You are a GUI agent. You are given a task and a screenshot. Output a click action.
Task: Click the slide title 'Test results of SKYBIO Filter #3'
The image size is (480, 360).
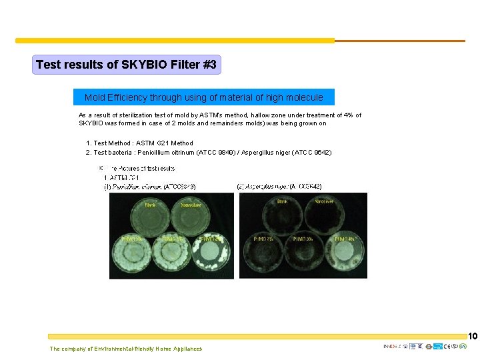(x=126, y=65)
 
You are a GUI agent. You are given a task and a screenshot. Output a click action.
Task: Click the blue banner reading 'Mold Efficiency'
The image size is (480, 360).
(x=203, y=97)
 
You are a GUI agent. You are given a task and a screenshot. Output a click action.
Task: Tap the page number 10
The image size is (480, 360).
(x=473, y=336)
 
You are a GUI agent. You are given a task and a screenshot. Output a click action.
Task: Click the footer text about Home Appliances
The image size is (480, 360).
(x=125, y=349)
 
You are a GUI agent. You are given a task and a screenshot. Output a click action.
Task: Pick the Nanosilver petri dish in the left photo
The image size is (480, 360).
(x=191, y=215)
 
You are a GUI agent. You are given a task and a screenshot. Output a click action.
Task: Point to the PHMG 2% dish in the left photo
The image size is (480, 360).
(x=131, y=252)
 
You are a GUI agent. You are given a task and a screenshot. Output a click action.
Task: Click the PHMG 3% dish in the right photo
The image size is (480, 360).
(x=304, y=252)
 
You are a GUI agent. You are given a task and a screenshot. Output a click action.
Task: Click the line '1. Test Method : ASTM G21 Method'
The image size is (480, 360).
(x=139, y=143)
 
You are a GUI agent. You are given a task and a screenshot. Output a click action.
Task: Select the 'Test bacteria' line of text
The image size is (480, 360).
(x=209, y=152)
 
